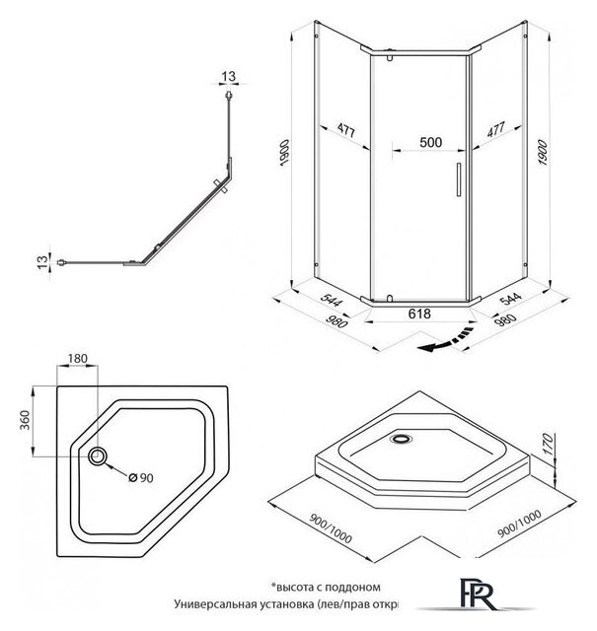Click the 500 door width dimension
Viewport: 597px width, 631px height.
tap(429, 141)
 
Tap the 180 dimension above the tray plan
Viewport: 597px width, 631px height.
tap(78, 359)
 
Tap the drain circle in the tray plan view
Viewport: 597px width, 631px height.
tap(100, 456)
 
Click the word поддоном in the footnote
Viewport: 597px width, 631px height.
tap(345, 586)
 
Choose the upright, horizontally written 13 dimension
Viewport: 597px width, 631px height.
tap(229, 77)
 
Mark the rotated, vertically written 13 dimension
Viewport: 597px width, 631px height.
tap(41, 261)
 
